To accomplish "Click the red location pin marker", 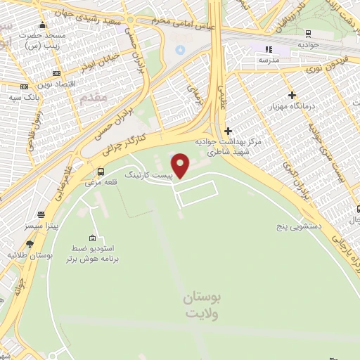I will [x=181, y=165].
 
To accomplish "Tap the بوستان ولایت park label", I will [x=201, y=306].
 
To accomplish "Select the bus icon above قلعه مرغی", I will [x=101, y=172].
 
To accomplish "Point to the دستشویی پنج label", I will [x=299, y=227].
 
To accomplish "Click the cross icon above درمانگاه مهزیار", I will [x=292, y=95].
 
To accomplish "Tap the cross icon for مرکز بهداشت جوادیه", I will [x=227, y=131].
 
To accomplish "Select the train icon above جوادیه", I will [x=309, y=32].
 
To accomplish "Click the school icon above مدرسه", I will [x=268, y=49].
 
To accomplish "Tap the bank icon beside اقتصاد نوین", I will [x=56, y=73].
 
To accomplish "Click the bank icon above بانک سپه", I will [x=25, y=86].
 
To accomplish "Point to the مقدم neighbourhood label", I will [x=95, y=98].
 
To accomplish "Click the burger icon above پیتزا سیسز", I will [x=42, y=215].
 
